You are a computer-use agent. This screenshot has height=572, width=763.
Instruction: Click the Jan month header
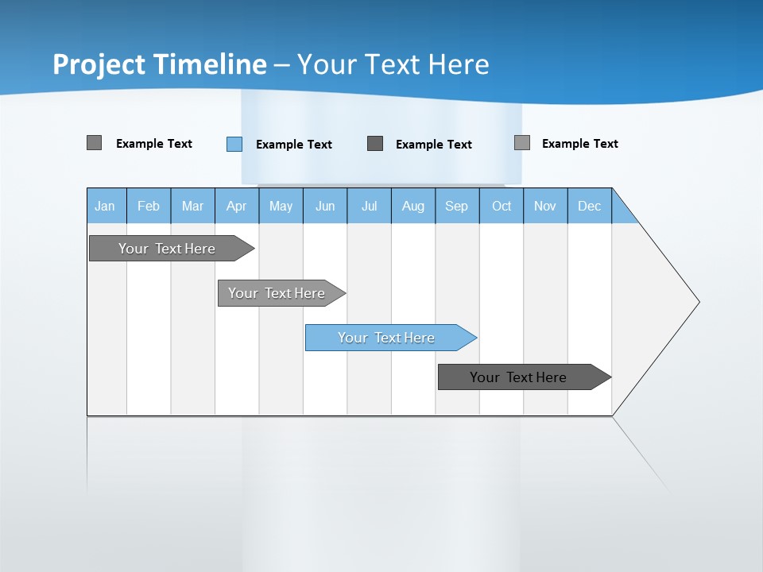tap(106, 206)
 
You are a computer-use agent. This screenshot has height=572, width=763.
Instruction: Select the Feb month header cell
tap(149, 206)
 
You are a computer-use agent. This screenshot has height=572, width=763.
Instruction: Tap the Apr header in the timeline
tap(237, 206)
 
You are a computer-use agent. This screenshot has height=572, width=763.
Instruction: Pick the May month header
tap(281, 206)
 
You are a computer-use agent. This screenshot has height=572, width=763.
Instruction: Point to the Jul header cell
tap(369, 206)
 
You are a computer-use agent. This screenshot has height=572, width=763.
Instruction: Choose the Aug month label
tap(413, 206)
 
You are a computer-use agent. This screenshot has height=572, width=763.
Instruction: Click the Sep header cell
tap(457, 206)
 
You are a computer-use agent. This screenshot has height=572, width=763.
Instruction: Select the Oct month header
tap(502, 206)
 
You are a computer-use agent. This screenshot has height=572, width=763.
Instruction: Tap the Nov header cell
tap(545, 206)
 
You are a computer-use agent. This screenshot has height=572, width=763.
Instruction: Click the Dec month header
tap(590, 206)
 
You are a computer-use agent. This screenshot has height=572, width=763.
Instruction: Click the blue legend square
tap(234, 144)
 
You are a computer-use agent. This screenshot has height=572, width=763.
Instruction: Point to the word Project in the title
tap(99, 64)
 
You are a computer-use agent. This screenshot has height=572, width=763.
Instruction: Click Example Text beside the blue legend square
tap(294, 145)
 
